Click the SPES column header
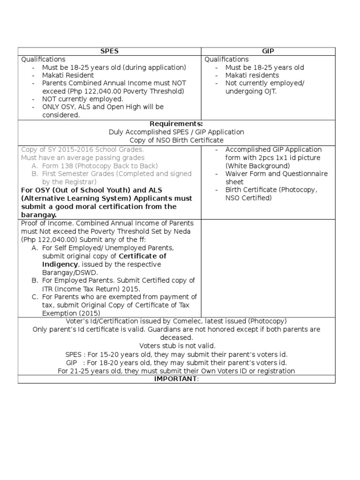109,51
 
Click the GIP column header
268,51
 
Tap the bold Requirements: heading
176,124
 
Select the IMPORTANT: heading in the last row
176,379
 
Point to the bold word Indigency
59,264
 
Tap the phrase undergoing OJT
251,91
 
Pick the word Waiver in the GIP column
238,174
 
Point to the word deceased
176,337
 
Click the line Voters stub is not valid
176,345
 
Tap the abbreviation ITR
48,288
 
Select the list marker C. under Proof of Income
35,297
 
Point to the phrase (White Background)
258,166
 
